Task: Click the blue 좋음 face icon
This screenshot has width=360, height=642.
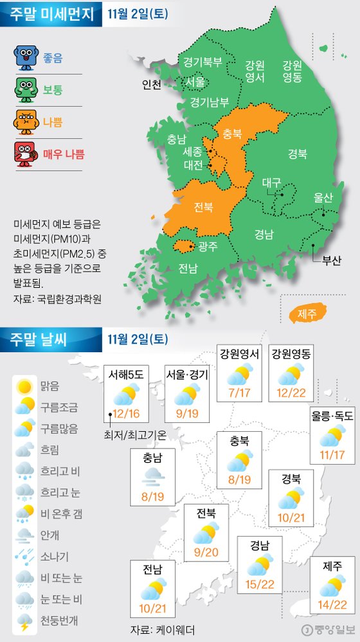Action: click(25, 57)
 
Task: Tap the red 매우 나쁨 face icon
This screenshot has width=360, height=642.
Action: click(25, 153)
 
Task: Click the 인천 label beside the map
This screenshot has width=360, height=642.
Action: click(152, 85)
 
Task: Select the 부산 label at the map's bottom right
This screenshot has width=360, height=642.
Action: click(331, 260)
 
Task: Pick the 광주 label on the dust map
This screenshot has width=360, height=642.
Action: click(208, 246)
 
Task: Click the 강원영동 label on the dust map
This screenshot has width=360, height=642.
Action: click(292, 71)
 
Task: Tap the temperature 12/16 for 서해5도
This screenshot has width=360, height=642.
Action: click(126, 414)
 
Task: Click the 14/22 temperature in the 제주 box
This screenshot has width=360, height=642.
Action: click(332, 606)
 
